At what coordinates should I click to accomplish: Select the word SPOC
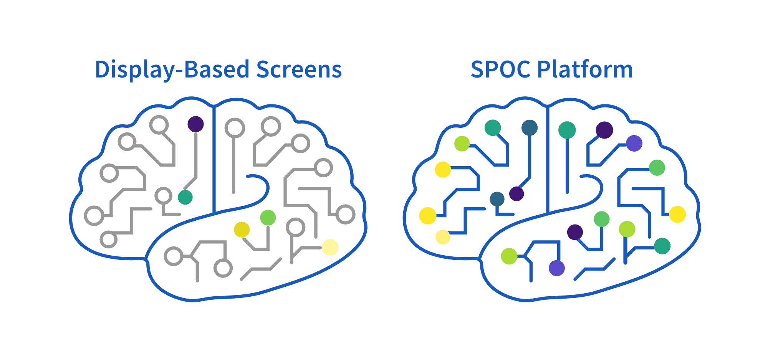pos(501,69)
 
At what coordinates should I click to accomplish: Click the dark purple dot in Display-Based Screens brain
pos(195,124)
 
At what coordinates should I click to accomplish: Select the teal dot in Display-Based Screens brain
pos(185,197)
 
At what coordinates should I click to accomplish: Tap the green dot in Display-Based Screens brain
pos(268,218)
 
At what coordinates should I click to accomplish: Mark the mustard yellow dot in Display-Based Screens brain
pos(242,230)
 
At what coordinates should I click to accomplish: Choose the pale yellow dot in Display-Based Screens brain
pos(330,247)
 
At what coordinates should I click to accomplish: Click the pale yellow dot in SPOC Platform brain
pos(443,237)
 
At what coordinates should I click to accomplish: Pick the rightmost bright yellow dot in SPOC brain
pos(677,214)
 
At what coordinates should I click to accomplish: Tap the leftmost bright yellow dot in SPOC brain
pos(427,216)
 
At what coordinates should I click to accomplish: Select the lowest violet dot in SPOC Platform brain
pos(557,268)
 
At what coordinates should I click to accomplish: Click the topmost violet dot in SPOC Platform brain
pos(634,143)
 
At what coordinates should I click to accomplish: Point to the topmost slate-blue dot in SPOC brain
pos(530,128)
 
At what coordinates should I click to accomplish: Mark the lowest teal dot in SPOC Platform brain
pos(662,246)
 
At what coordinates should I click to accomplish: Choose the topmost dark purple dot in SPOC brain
pos(604,130)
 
